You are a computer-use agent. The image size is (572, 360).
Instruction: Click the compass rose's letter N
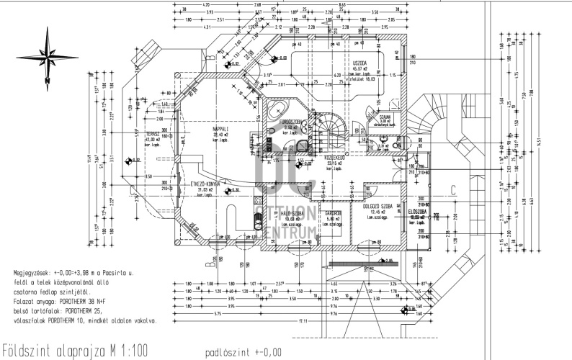coord(45,81)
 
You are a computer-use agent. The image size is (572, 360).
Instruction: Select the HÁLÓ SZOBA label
coord(291,214)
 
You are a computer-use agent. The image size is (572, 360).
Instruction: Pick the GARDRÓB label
coord(332,214)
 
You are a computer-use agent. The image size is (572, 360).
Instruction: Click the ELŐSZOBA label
coord(418,212)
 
